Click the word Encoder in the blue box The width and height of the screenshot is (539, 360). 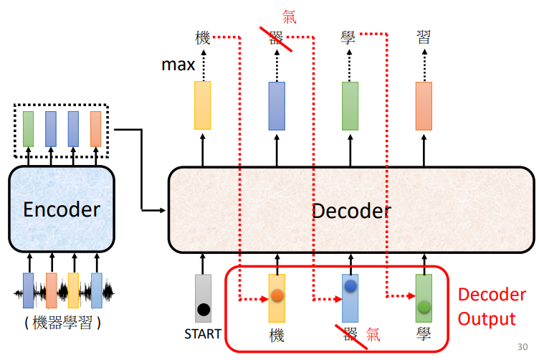[x=61, y=209]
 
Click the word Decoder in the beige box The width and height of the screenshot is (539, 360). [x=351, y=210]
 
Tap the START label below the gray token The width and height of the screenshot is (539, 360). [x=203, y=334]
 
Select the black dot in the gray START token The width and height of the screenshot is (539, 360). [x=204, y=310]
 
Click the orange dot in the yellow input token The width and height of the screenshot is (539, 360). [x=277, y=295]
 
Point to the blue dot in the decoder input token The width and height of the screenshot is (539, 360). [x=350, y=286]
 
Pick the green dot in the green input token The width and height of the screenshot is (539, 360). [x=424, y=306]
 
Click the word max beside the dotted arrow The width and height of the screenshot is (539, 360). [x=178, y=66]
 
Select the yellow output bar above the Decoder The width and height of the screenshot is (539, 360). [x=203, y=105]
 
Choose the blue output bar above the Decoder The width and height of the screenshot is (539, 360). [x=277, y=105]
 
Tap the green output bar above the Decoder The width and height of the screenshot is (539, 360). [x=350, y=105]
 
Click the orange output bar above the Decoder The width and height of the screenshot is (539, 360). [x=424, y=105]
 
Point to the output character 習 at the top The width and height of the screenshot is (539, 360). [x=424, y=37]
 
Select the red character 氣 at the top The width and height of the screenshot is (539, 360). [x=289, y=16]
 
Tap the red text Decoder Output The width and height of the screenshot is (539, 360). [x=487, y=306]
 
